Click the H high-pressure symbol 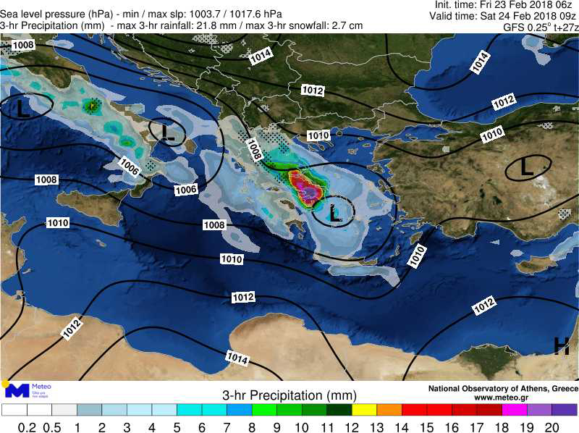tap(561, 347)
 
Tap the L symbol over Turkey tap(527, 168)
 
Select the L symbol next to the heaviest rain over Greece tap(334, 213)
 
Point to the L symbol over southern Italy tap(168, 132)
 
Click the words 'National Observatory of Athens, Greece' tap(503, 389)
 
